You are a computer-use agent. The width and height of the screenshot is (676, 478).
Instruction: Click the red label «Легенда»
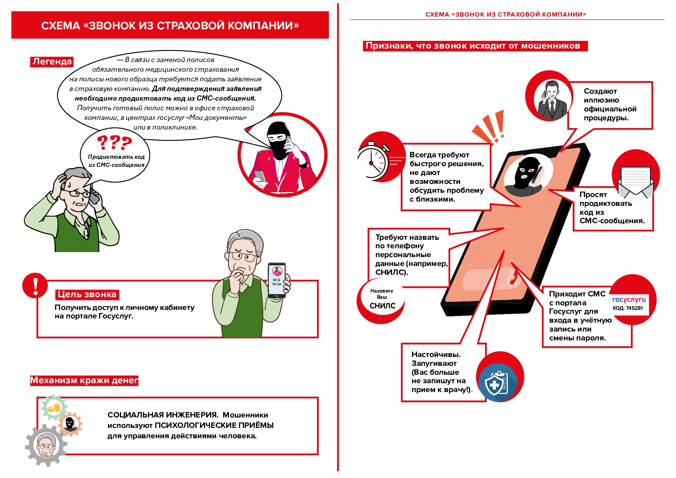52,62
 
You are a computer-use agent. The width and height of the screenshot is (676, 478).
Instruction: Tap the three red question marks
114,143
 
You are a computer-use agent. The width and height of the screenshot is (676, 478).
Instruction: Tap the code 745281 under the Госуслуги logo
628,308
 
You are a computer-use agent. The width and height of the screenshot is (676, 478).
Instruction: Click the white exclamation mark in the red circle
35,286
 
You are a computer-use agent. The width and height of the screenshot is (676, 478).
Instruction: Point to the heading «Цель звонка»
87,295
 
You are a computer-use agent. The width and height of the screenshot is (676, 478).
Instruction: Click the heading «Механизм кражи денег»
84,380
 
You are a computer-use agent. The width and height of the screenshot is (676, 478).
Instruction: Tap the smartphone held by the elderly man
277,280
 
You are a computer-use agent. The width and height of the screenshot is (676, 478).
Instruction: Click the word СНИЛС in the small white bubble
382,306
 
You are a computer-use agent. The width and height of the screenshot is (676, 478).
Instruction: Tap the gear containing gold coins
54,407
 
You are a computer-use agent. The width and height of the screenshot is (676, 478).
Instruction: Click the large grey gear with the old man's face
46,446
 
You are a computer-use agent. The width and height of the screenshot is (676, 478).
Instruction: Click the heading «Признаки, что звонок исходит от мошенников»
473,46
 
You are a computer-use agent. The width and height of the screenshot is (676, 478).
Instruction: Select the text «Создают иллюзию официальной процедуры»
609,104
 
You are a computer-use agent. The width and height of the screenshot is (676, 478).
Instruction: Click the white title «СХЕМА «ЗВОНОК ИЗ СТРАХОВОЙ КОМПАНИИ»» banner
170,25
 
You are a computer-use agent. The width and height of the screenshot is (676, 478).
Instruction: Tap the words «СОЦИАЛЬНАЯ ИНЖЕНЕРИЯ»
163,415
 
